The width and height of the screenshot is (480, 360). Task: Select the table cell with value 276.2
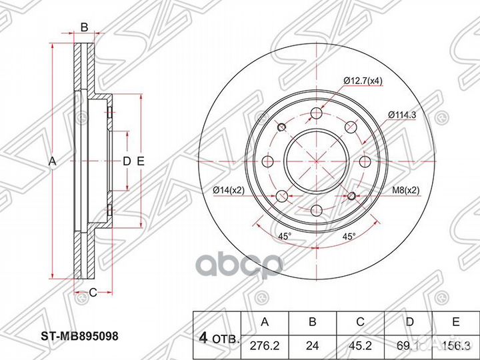coord(265,345)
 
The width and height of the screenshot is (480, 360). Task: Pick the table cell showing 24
coord(313,345)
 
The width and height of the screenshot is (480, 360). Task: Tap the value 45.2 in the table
coord(361,345)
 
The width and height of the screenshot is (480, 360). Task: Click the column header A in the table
coord(265,323)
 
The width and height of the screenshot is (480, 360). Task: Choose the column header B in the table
coord(313,323)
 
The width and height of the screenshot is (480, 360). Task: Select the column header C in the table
coord(361,323)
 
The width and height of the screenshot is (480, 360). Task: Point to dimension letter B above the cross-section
coord(84,27)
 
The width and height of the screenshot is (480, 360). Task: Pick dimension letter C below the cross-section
coord(93,291)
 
